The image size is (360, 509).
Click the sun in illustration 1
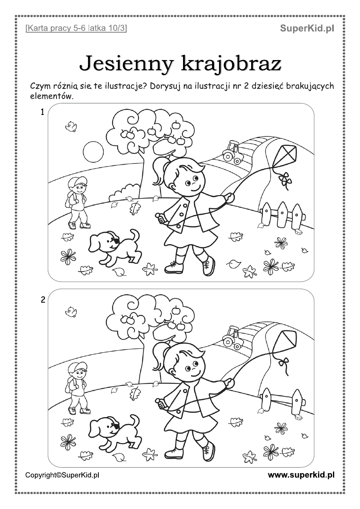[x=93, y=152]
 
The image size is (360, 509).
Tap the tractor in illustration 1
[x=232, y=152]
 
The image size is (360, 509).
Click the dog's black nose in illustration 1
[x=116, y=241]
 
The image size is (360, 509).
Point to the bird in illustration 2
[x=71, y=312]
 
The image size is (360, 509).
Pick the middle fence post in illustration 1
[x=282, y=214]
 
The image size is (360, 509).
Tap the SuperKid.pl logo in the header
[x=307, y=29]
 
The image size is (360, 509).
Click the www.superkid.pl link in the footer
[x=301, y=475]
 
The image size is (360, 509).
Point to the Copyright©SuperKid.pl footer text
[x=62, y=475]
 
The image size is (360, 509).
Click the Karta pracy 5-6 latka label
[x=76, y=29]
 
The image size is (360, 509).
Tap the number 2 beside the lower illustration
[x=43, y=300]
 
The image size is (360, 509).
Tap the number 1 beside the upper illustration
[x=42, y=112]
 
